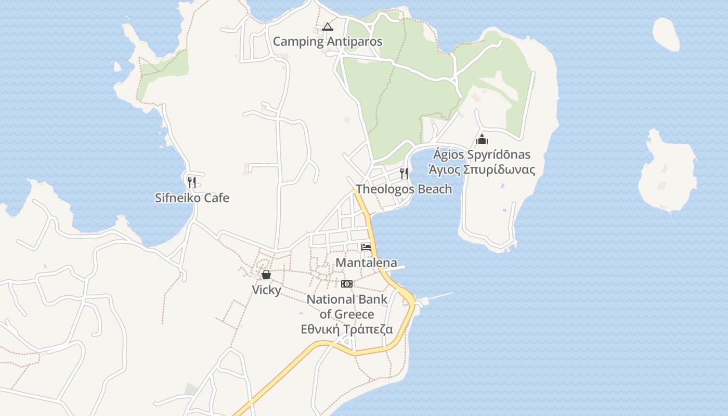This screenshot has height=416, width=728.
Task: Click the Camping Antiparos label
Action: coord(328,42)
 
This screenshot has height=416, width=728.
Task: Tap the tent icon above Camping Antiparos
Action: coord(327,27)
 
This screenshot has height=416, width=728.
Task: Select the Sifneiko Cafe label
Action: coord(192,198)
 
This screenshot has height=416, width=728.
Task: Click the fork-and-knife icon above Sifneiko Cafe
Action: coord(192,182)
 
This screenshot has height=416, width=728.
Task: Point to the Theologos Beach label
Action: coord(404,189)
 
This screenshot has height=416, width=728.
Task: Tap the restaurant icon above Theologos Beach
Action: coord(404,173)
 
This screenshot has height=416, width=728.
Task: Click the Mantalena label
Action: coord(366,263)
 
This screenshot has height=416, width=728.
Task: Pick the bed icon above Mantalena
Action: coord(366,248)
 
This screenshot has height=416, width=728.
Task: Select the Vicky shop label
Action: coord(266,290)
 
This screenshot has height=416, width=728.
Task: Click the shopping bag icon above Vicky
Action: coord(266,275)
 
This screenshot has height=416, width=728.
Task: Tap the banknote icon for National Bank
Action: coord(347,283)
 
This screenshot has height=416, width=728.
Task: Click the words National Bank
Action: coord(347,300)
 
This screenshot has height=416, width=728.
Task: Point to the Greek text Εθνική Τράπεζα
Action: coord(347,330)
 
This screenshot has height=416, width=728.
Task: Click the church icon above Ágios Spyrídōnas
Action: coord(482,139)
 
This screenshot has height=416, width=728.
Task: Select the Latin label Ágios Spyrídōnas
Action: coord(482,154)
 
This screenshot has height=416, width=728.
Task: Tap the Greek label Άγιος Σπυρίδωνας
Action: coord(482,170)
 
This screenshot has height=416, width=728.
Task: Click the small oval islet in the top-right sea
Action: coord(666,34)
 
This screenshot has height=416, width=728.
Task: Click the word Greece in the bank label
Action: coord(354,315)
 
